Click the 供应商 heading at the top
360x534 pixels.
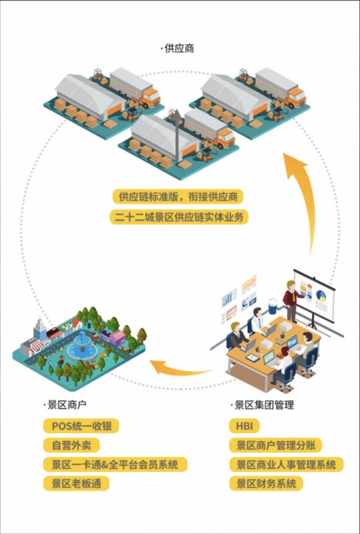[178, 49]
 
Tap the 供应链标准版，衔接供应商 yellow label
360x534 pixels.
[178, 197]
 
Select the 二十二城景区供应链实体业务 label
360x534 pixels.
[179, 217]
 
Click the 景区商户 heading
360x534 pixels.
[65, 405]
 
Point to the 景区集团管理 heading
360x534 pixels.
[262, 405]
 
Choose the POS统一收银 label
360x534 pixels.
[81, 426]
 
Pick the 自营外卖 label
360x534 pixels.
[71, 445]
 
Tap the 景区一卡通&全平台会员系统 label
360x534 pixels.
[116, 465]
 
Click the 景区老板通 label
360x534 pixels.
[76, 483]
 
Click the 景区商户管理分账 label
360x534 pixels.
[275, 445]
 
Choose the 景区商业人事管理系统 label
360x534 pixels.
[287, 465]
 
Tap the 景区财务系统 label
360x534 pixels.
[266, 483]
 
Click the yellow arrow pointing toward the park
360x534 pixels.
[177, 369]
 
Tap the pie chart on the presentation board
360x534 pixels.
[321, 295]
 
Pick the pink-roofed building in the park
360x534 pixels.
[118, 338]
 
